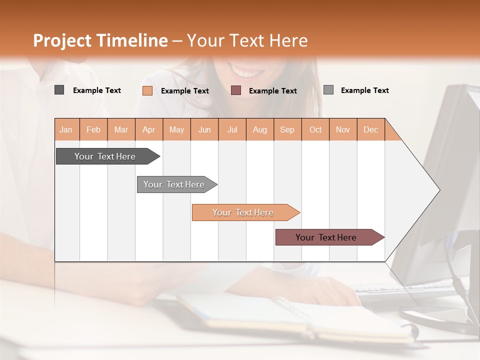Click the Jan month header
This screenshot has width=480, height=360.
[66, 129]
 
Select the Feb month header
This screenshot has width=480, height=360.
[93, 129]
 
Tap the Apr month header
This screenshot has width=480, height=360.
[148, 129]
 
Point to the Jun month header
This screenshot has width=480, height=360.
[204, 129]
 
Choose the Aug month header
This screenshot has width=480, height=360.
[259, 129]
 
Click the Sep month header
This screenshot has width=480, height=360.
[287, 129]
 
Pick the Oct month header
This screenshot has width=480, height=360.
[315, 129]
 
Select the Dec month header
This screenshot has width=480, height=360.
[370, 129]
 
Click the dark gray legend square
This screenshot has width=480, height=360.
[59, 90]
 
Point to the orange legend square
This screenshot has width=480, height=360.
[147, 90]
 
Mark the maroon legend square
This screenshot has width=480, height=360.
[236, 90]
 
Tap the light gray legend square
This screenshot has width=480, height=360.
[328, 90]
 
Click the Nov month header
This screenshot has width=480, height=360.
[343, 129]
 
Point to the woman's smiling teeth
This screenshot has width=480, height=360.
[245, 73]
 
